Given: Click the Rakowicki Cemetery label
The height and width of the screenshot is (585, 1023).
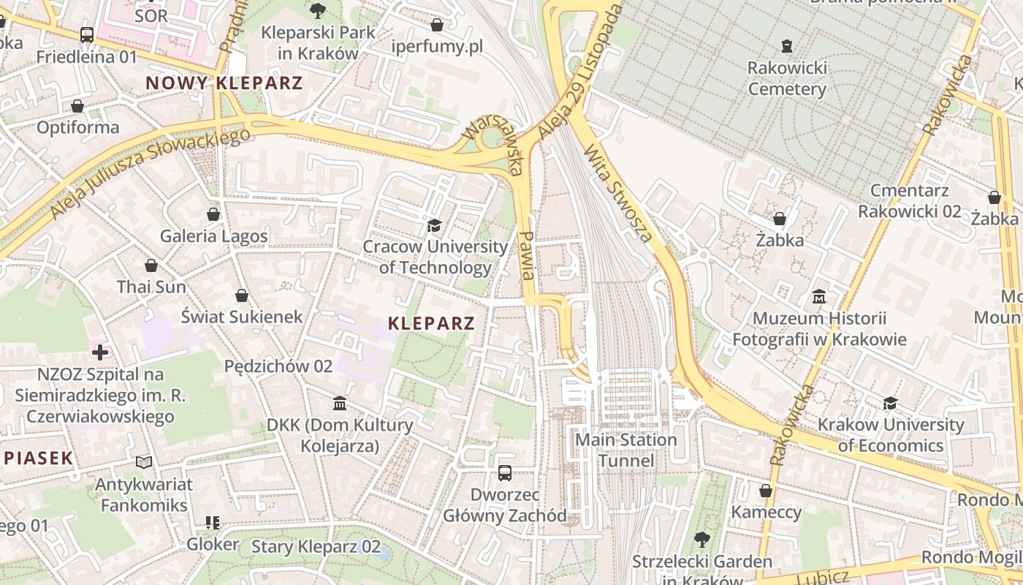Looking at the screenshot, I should pos(786,79).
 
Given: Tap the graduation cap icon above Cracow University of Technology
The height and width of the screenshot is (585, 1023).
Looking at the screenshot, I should pos(435,224).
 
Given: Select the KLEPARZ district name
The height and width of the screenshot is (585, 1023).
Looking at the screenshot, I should pos(431,323).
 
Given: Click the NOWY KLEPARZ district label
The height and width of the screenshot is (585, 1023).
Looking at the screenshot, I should pos(224,83).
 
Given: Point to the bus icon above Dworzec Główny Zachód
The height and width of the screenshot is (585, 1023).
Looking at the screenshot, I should pos(504,472).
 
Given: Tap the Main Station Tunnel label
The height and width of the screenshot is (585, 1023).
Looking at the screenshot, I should pos(625,450).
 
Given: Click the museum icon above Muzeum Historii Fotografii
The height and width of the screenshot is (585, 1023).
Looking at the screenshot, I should pos(819,297).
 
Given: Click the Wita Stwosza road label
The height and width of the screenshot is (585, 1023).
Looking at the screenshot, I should pos(617,192).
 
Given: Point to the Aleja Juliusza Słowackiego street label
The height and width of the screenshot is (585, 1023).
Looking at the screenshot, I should pos(150,173).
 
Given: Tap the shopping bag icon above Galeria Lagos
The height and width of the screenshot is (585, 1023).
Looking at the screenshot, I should pos(213,214).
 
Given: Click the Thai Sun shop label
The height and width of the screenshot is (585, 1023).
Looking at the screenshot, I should pos(151,287).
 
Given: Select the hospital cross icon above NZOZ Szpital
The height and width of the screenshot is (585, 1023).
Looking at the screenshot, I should pos(100,352).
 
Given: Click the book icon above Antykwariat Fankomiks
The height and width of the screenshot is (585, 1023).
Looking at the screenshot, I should pos(144,462).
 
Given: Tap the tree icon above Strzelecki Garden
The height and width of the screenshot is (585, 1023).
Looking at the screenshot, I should pos(701,540).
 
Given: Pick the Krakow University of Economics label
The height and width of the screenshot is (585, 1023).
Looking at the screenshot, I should pos(890,435).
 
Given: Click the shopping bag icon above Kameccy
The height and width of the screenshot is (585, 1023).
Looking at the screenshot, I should pos(766,491).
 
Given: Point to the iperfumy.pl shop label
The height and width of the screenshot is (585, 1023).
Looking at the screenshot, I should pos(437,47).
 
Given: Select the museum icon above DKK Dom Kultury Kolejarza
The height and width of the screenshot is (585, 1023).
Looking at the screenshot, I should pos(340,403).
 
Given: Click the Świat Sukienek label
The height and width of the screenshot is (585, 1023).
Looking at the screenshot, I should pos(242,317).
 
